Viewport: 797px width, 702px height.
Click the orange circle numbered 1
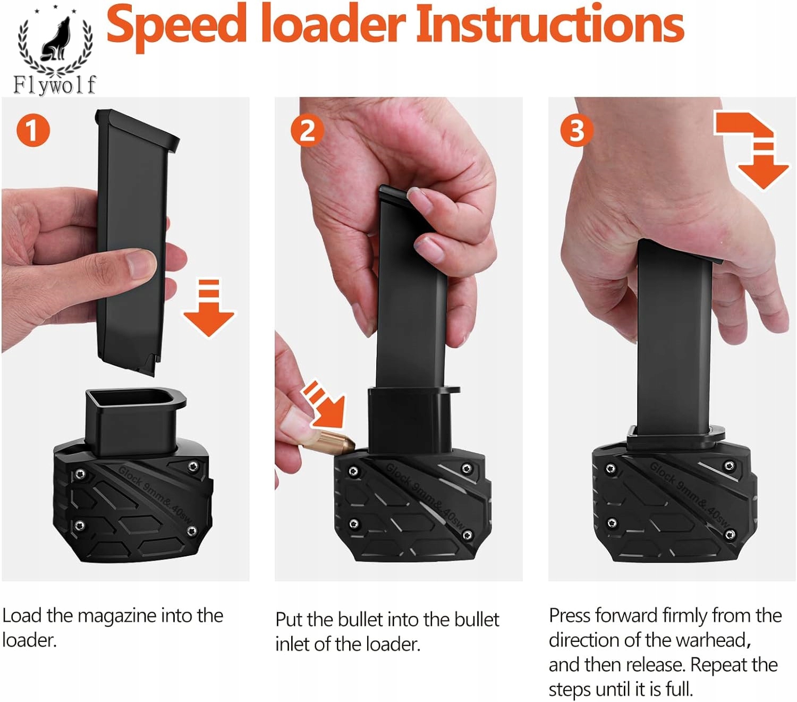(x=33, y=130)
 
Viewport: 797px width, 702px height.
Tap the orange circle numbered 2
(x=307, y=130)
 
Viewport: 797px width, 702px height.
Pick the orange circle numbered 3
(x=577, y=130)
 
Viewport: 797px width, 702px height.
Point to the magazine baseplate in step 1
(x=138, y=130)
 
